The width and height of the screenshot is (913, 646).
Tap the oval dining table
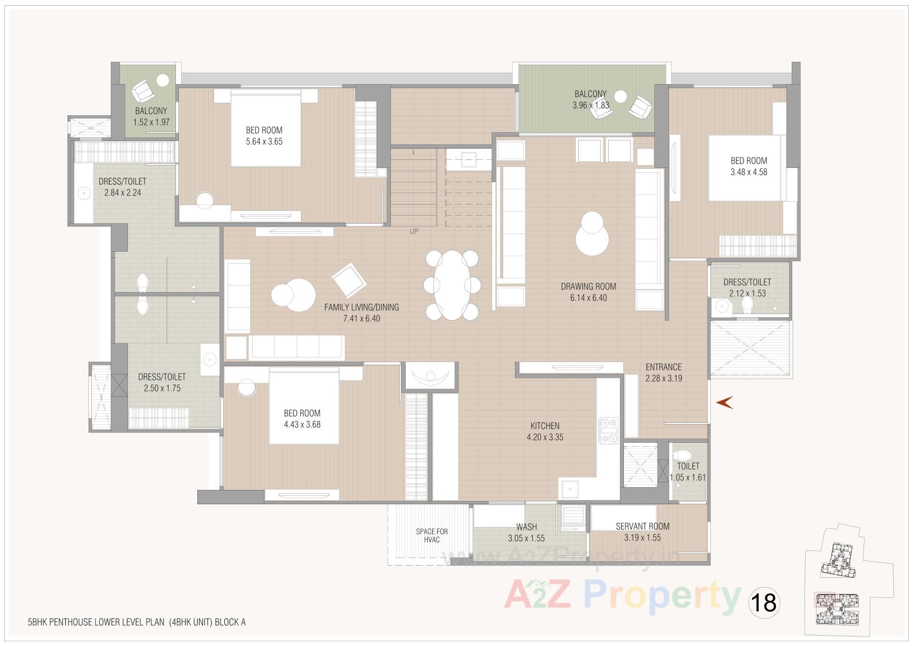pos(451,285)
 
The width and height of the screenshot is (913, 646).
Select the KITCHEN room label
pos(545,426)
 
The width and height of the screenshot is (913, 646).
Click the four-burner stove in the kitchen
pos(609,430)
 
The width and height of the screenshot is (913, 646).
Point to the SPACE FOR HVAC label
pos(432,535)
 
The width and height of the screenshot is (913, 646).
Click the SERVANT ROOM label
pos(642,526)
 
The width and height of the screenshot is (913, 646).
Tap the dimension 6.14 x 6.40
pos(589,298)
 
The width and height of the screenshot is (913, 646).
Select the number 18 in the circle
pos(764,602)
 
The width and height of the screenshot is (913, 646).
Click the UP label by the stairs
pos(414,232)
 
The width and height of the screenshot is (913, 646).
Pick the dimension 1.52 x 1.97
pos(151,122)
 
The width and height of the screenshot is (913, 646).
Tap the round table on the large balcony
pos(621,97)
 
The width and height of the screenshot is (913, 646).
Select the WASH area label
pos(526,527)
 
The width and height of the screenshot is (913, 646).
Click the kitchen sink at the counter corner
pos(569,488)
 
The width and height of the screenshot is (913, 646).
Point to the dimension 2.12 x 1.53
pos(748,294)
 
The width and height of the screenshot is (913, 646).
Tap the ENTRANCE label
pos(663,367)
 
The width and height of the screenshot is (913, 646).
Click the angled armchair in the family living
pos(349,281)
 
